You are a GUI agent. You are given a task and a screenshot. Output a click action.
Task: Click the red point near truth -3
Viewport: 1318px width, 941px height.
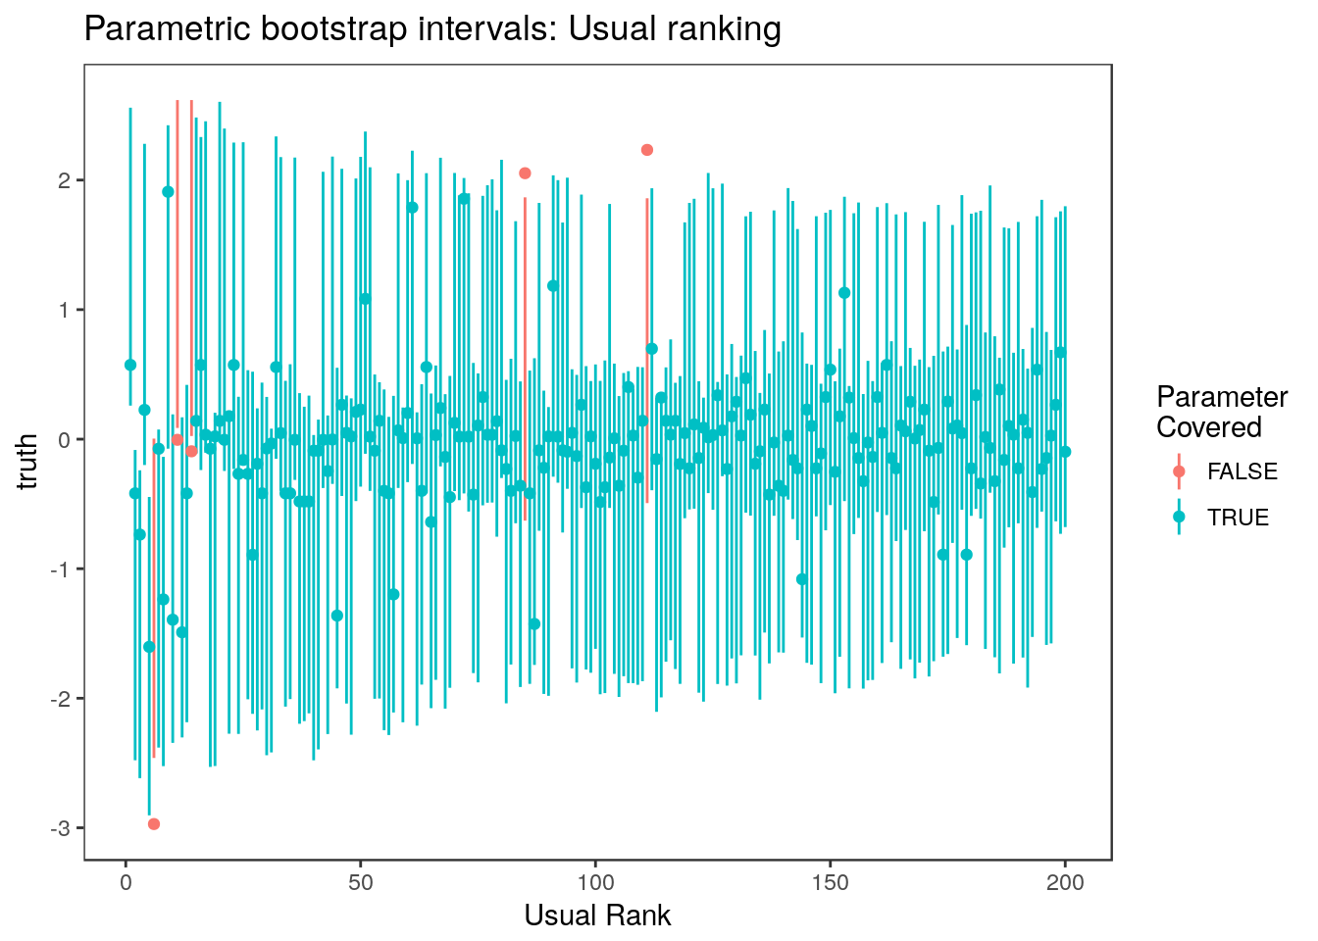pos(154,823)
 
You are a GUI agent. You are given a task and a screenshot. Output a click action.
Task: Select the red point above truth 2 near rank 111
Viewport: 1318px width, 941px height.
pos(647,150)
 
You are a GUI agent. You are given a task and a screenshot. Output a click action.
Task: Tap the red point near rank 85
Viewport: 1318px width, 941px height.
pos(525,173)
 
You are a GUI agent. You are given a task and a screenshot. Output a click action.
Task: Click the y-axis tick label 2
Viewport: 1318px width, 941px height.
pos(65,181)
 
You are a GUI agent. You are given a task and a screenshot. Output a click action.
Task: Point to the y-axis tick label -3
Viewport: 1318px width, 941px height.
pos(61,828)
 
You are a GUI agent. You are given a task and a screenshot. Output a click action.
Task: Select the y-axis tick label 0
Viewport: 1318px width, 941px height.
pos(65,440)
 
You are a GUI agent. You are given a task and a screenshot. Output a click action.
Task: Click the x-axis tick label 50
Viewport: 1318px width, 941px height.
pos(361,883)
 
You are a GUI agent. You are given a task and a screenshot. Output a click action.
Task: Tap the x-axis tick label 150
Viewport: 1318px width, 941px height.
pos(831,883)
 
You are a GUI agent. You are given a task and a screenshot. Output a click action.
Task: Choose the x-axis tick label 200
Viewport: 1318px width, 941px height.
pos(1065,883)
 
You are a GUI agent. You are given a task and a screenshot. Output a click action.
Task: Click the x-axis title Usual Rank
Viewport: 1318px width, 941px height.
pos(597,916)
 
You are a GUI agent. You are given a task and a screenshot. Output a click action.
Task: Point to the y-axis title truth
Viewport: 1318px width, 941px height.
pos(28,461)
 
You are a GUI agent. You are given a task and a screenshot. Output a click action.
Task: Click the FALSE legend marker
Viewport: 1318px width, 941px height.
pos(1179,471)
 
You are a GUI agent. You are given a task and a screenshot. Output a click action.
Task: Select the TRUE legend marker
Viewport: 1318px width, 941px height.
pos(1179,517)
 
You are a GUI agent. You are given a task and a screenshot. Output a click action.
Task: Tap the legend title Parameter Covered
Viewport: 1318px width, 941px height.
pos(1221,412)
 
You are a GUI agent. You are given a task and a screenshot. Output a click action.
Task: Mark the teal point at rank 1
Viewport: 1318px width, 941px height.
pos(130,365)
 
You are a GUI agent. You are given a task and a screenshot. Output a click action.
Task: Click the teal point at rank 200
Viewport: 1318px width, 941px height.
pos(1065,452)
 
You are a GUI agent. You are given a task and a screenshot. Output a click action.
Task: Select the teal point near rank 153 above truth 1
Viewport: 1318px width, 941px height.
pos(844,293)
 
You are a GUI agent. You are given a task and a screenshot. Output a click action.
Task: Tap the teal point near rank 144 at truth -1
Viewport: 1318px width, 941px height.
pos(802,579)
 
